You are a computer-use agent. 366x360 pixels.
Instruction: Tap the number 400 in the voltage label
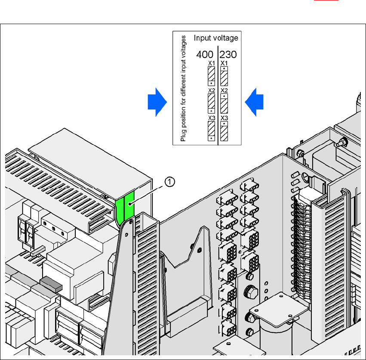[205, 55]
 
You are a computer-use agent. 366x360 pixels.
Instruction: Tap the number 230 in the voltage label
[228, 55]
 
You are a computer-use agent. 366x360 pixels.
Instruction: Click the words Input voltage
[215, 38]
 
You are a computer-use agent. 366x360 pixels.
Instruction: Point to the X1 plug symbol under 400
[211, 76]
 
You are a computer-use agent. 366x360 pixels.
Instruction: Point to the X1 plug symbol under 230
[224, 76]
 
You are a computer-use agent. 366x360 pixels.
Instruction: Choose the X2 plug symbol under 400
[211, 103]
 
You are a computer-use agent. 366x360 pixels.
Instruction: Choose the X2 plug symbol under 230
[224, 103]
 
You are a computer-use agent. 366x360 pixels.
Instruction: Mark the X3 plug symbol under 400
[211, 131]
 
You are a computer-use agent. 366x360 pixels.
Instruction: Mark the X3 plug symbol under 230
[224, 131]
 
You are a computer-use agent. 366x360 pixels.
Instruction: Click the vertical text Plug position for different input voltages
[183, 89]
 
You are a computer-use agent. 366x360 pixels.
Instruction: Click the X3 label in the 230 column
[224, 118]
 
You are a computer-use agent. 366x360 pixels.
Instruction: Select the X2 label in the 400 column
[211, 90]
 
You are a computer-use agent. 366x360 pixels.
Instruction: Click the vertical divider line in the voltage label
[218, 95]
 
